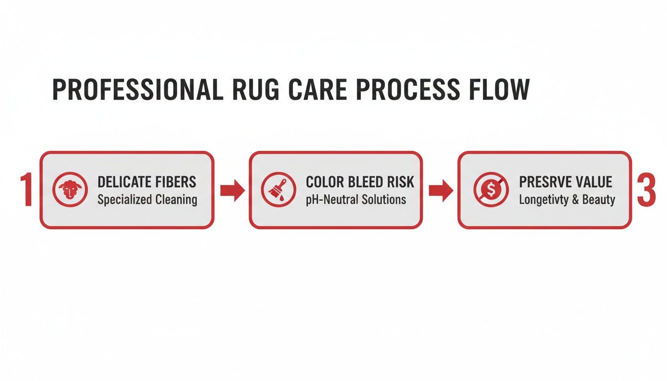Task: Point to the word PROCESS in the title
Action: click(x=423, y=90)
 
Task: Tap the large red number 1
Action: click(x=26, y=190)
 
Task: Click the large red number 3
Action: click(x=646, y=190)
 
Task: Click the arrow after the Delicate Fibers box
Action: click(x=232, y=190)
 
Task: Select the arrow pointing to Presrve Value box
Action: click(x=440, y=190)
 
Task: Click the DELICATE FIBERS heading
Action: click(x=147, y=182)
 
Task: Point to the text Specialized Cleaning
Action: click(x=147, y=200)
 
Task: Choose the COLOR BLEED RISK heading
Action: click(x=359, y=182)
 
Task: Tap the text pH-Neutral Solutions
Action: click(x=356, y=200)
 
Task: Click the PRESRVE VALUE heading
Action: click(x=565, y=182)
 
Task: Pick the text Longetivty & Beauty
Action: click(x=567, y=200)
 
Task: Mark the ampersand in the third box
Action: click(x=577, y=200)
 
